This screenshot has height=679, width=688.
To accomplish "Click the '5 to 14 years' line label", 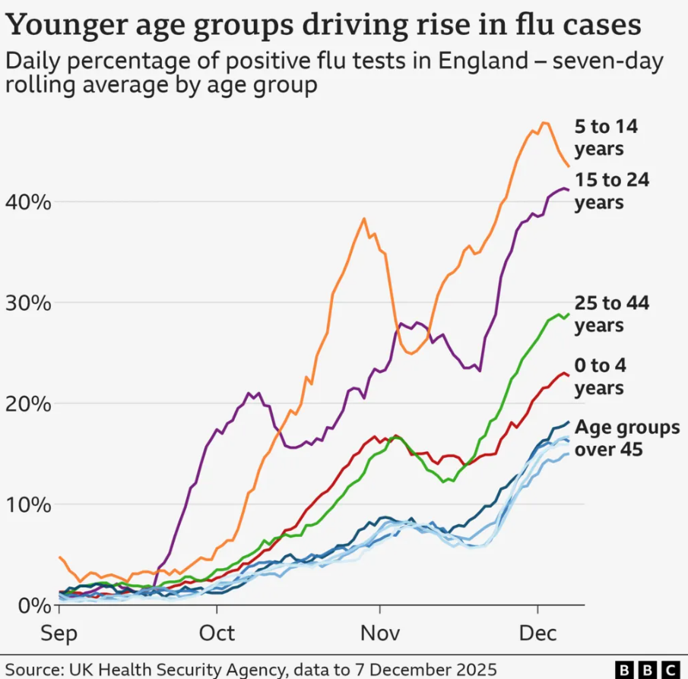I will click(606, 137).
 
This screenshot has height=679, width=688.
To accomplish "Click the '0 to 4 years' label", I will click(600, 377).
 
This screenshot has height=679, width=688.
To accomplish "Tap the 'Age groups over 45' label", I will click(626, 438).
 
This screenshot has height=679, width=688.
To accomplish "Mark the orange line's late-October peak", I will click(364, 219).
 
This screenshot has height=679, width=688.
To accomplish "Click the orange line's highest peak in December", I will click(544, 122).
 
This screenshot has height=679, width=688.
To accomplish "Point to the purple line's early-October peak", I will click(249, 393).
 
